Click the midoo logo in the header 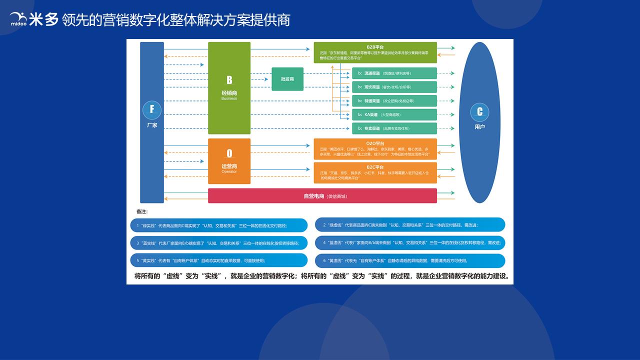click(x=19, y=19)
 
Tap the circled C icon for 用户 click(x=479, y=112)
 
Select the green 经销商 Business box click(x=229, y=88)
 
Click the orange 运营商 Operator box click(x=229, y=161)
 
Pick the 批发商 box click(x=287, y=79)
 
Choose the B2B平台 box click(x=375, y=52)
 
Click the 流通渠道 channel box click(x=394, y=73)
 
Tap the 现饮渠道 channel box click(x=394, y=87)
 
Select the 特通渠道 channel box click(x=394, y=101)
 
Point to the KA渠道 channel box click(x=394, y=114)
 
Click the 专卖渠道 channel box click(x=394, y=128)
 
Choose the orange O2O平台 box click(x=375, y=149)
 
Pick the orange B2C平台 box click(x=375, y=173)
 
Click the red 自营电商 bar click(x=322, y=196)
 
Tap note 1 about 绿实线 click(x=219, y=225)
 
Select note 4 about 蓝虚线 click(x=410, y=243)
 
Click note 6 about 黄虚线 click(x=410, y=260)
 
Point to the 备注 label click(x=142, y=211)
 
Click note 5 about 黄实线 click(x=219, y=260)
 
